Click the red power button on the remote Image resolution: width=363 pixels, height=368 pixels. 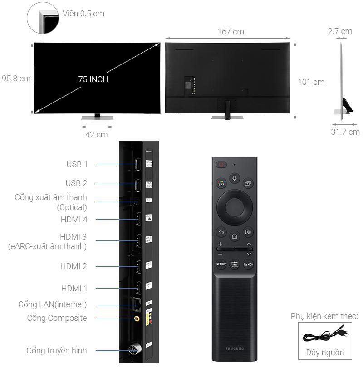point(221,165)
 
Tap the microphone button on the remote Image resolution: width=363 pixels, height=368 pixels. point(234,178)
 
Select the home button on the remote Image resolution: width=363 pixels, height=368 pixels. point(234,236)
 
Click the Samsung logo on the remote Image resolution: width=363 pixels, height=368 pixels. point(234,348)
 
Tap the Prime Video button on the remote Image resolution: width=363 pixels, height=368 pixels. point(234,265)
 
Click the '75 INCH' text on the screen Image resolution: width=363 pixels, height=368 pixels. point(93,79)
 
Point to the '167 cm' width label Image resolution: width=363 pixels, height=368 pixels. point(231,32)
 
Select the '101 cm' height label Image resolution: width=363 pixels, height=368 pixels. point(311,82)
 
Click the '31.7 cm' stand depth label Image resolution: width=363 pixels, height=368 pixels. point(345,132)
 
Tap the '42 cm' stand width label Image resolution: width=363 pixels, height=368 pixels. point(96,135)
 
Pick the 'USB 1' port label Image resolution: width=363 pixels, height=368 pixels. point(77,164)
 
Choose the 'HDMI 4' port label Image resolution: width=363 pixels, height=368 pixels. point(74,219)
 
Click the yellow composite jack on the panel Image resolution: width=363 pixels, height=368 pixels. point(135,319)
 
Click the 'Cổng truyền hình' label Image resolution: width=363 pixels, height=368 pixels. point(57,350)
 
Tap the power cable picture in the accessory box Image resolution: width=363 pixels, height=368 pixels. point(325,336)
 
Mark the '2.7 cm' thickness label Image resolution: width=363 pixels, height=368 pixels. point(340,31)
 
